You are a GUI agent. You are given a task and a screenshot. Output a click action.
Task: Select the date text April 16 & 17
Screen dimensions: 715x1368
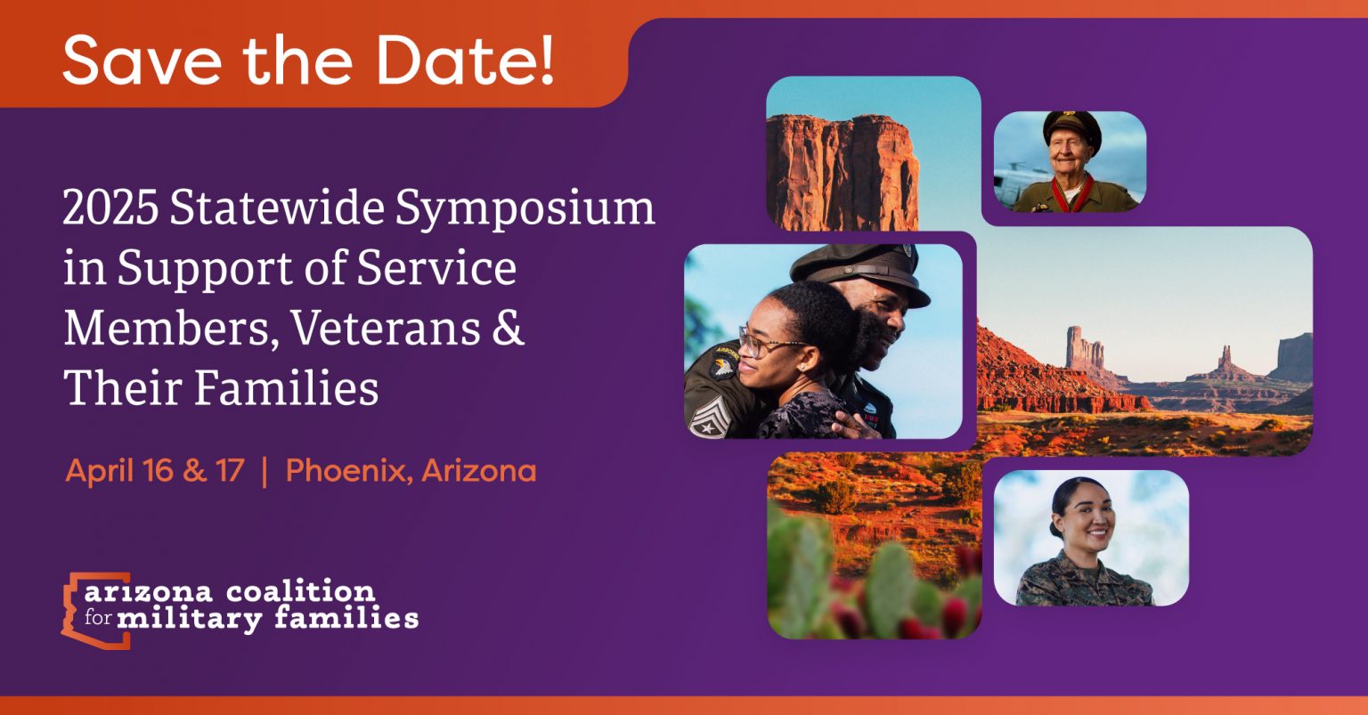click(154, 471)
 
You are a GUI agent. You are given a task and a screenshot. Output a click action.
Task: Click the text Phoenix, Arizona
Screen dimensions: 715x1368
click(411, 471)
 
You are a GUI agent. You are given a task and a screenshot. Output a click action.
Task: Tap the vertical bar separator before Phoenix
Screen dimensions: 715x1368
click(265, 471)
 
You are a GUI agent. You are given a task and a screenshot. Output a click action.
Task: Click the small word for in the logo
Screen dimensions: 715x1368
click(98, 618)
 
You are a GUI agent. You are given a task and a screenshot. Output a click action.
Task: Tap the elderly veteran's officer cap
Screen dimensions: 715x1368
click(1071, 124)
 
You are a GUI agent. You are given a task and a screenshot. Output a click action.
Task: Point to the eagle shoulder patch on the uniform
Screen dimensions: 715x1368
click(722, 365)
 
